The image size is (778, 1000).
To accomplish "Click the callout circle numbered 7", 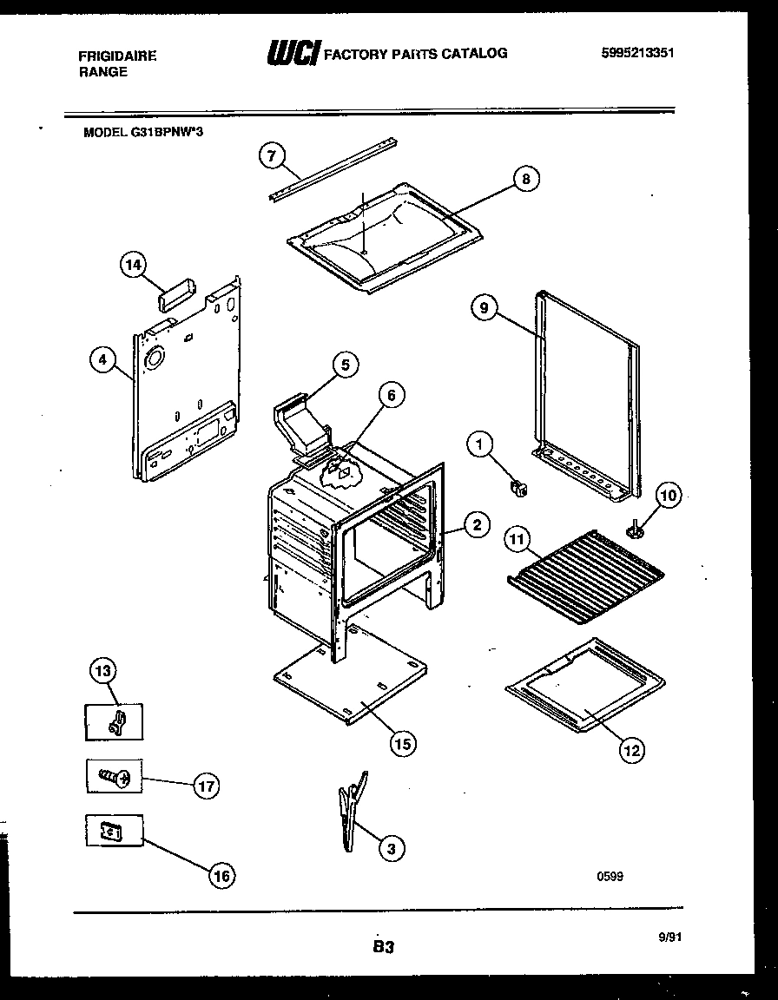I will click(272, 156).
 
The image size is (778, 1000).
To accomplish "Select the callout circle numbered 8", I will click(524, 180).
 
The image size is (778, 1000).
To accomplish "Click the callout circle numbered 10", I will click(668, 497).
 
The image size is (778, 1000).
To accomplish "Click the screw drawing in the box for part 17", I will click(114, 777).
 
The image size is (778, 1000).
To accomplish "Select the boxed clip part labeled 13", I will click(114, 721).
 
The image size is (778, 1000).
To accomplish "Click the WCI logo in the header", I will click(293, 55).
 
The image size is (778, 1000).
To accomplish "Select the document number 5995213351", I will click(637, 53).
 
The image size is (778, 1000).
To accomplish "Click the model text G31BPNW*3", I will click(144, 133).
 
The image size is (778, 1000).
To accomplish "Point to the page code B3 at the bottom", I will click(384, 948).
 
